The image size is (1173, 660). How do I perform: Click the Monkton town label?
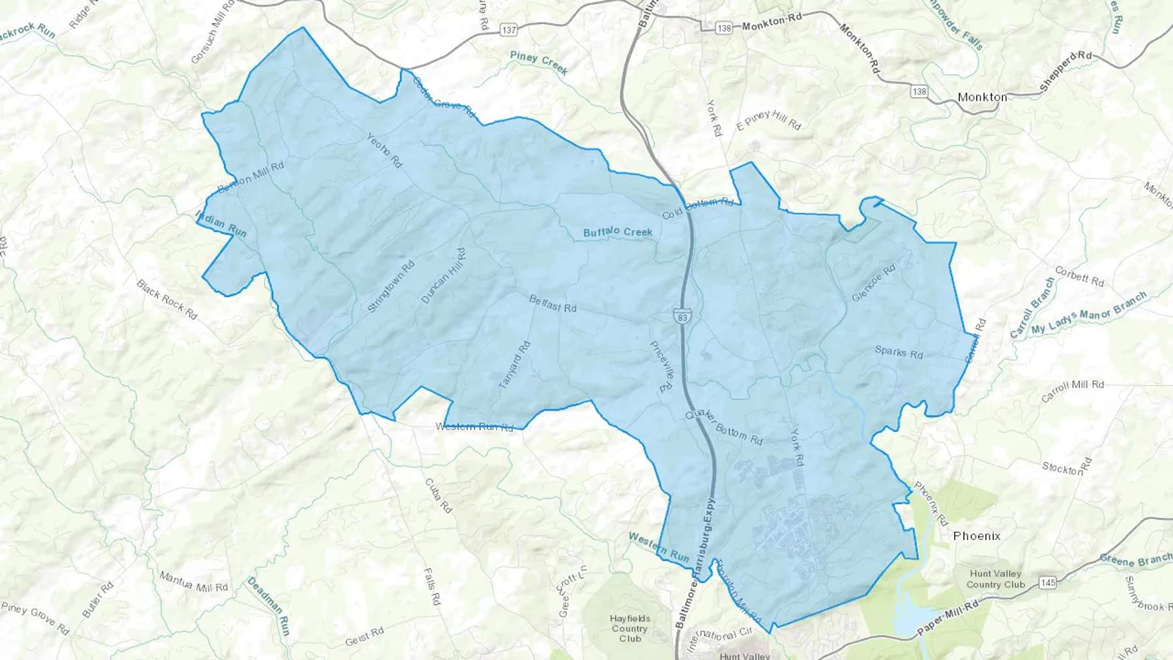[982, 97]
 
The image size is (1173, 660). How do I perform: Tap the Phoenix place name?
[976, 536]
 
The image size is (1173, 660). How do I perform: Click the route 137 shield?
[509, 30]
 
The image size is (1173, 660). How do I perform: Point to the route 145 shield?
[1048, 582]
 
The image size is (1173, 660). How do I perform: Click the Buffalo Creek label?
[618, 232]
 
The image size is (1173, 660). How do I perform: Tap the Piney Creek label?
[539, 63]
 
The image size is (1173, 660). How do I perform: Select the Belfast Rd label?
[553, 304]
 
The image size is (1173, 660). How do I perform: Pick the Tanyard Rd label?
[515, 366]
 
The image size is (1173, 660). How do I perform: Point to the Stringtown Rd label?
[391, 287]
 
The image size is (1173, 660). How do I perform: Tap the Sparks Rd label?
[899, 352]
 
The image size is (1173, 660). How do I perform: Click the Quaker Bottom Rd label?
[724, 427]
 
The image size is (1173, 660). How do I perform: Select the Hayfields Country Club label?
[630, 628]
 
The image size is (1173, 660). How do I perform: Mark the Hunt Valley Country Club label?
[995, 579]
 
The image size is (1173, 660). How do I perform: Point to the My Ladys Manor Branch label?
[1089, 313]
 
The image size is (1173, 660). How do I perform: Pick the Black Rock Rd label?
[167, 300]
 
